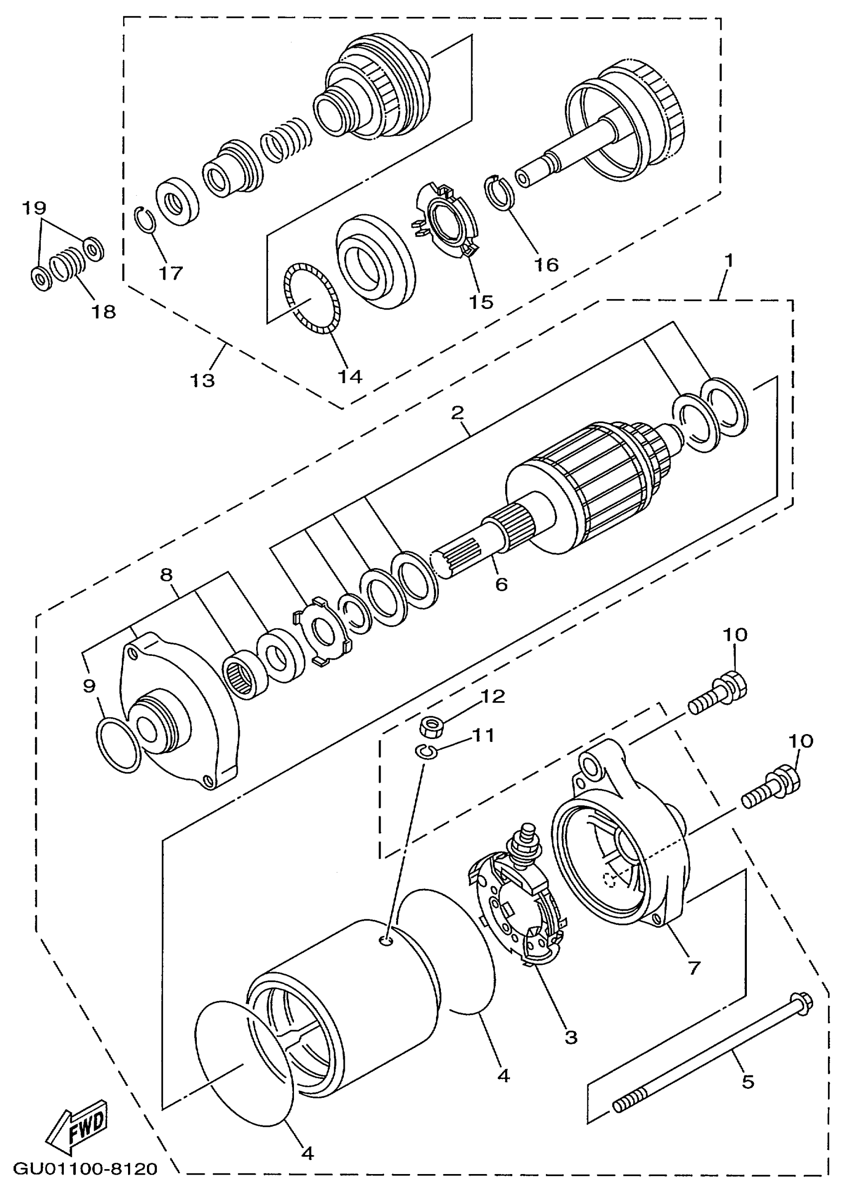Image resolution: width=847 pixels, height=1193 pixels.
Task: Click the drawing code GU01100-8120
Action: (85, 1169)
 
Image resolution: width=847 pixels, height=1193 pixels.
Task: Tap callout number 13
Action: (202, 380)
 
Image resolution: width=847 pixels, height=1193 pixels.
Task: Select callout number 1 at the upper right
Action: (729, 260)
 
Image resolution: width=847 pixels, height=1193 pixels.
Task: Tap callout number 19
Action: (34, 207)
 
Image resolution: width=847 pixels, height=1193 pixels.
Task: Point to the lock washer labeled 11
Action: (427, 751)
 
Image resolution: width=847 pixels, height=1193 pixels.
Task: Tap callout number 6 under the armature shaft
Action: (501, 584)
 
